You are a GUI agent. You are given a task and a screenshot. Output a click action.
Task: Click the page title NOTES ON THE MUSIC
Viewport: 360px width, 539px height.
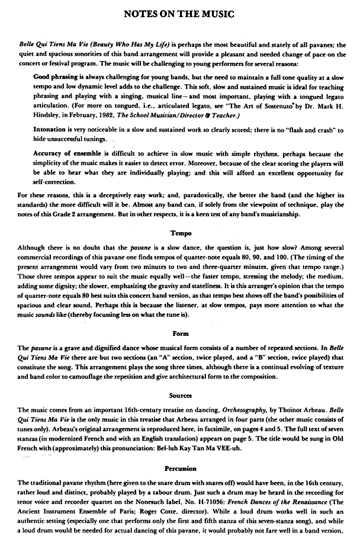tap(179, 12)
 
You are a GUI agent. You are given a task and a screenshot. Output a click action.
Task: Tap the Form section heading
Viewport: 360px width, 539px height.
tap(180, 333)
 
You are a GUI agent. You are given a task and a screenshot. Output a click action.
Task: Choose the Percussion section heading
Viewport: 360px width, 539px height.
tap(180, 469)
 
